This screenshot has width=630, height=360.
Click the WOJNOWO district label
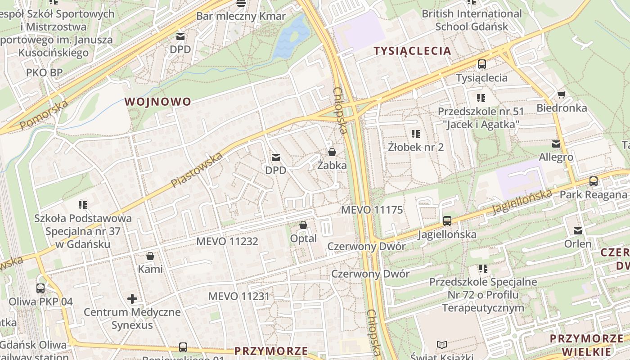[x=158, y=102]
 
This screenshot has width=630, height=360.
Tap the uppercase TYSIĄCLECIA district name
[x=412, y=51]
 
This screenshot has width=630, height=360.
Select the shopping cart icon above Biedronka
[x=561, y=94]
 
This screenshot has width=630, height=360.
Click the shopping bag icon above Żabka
[x=332, y=152]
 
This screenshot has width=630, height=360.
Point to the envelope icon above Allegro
[x=556, y=144]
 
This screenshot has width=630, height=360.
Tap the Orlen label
[x=578, y=244]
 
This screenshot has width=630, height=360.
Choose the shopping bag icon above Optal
[x=303, y=225]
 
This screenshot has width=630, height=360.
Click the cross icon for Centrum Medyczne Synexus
[x=132, y=299]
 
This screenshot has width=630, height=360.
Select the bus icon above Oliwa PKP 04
[x=40, y=288]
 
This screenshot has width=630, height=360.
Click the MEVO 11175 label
[x=372, y=210]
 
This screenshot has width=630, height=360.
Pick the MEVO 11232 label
[x=227, y=242]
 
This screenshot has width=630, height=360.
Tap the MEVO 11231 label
[x=238, y=297]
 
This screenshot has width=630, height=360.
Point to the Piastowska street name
[x=197, y=171]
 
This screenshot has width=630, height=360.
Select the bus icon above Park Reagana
[x=593, y=181]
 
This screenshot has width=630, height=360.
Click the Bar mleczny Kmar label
[x=241, y=17]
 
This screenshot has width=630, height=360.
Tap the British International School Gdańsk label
[x=471, y=20]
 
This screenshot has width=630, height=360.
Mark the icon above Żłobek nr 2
[x=415, y=134]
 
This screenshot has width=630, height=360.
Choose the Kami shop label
[x=150, y=270]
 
